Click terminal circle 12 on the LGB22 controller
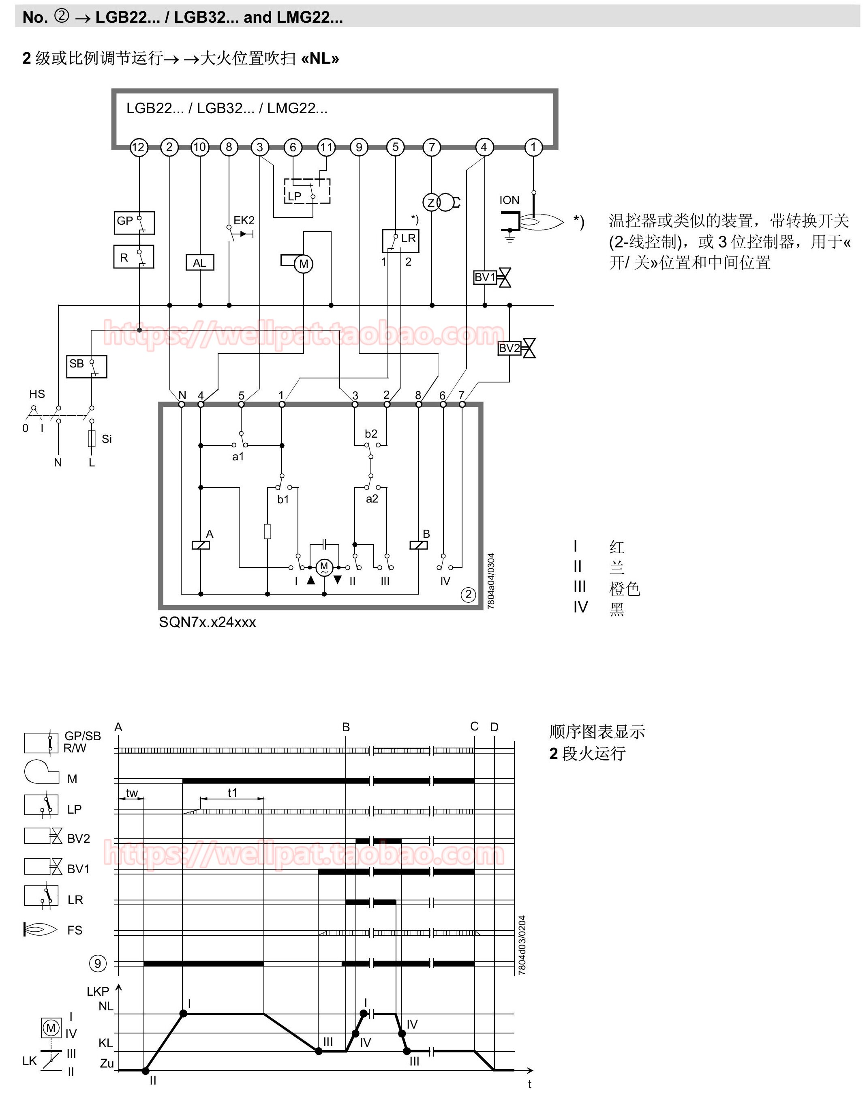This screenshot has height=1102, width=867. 138,147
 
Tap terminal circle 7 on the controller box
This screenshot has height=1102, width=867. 431,147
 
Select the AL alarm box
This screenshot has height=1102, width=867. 199,262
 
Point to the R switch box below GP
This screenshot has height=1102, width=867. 133,257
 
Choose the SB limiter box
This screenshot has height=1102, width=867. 87,367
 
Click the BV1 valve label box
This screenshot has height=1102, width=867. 485,277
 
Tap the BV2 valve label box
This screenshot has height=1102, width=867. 509,348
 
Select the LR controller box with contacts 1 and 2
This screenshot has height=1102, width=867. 400,241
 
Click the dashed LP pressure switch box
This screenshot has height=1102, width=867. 307,191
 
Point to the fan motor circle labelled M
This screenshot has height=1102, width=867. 304,264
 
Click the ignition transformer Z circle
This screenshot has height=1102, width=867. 431,203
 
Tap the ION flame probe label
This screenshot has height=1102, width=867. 509,200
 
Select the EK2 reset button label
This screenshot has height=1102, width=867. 244,220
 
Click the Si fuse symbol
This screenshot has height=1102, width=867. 92,438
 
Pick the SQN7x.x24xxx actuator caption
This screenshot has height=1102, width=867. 208,622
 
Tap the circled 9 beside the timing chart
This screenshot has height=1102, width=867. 97,963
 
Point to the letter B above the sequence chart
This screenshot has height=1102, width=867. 346,727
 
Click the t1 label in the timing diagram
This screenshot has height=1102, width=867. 233,793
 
